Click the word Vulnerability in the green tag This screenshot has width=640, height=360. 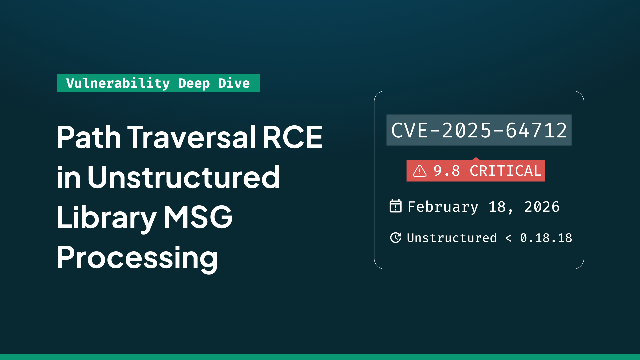click(118, 83)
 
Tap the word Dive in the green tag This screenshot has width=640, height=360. click(234, 83)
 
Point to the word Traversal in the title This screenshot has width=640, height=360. click(192, 137)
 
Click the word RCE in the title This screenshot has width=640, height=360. click(293, 137)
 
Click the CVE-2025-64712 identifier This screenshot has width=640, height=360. click(479, 130)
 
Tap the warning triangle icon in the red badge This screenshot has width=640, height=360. click(420, 171)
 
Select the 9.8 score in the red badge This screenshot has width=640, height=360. click(447, 171)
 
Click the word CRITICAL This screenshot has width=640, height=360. click(505, 171)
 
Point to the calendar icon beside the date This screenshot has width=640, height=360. click(396, 206)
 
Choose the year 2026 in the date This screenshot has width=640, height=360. click(542, 207)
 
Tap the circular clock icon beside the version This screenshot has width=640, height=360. click(396, 238)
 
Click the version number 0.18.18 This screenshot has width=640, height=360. click(546, 238)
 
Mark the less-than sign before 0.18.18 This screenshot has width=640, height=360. click(508, 238)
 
